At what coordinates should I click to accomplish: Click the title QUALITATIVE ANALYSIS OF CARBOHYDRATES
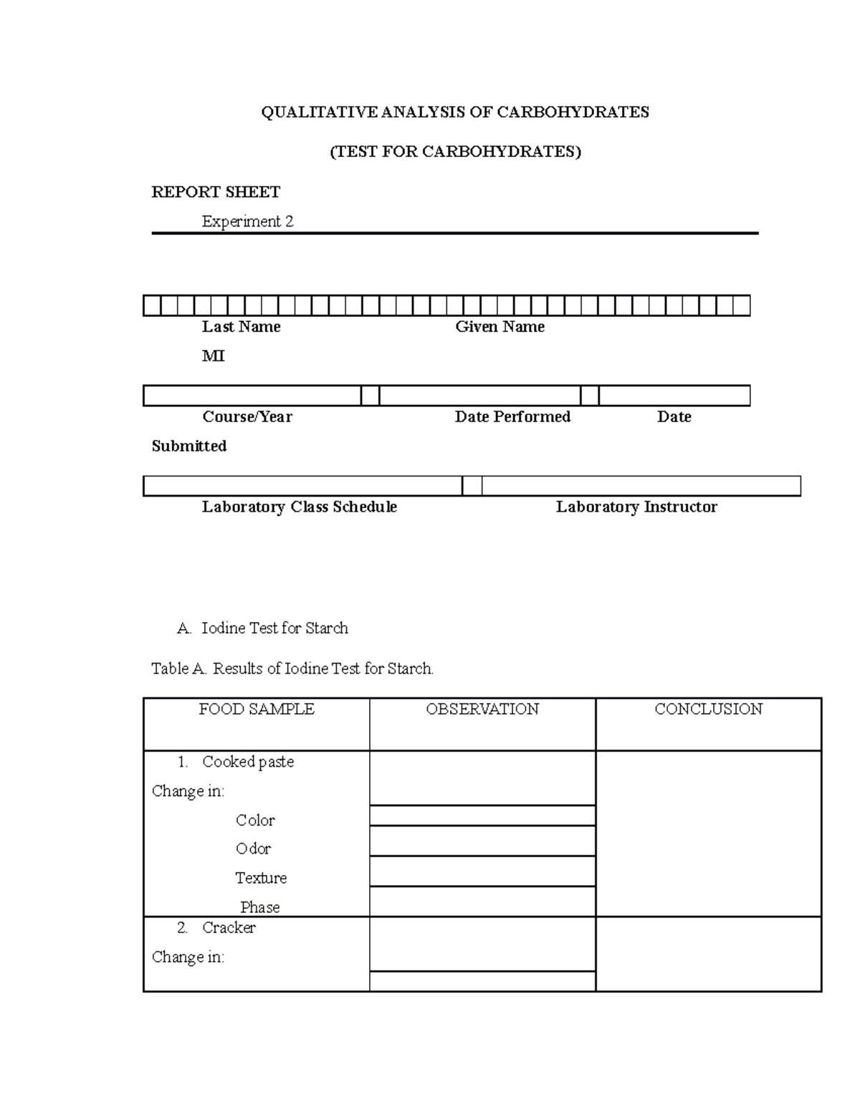point(454,113)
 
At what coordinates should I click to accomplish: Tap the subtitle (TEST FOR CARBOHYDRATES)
point(454,152)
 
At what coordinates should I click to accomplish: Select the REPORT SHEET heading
point(216,192)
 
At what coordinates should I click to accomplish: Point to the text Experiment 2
point(247,221)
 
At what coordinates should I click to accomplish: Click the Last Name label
point(241,327)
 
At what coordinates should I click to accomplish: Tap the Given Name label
point(500,327)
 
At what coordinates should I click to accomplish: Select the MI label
point(213,356)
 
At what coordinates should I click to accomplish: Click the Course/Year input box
point(252,396)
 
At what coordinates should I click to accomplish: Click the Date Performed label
point(512,417)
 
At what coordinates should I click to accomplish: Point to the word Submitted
point(189,446)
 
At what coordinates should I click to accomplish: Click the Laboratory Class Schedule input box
point(302,486)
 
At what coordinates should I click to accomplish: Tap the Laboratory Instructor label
point(636,507)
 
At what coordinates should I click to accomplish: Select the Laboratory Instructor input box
point(641,486)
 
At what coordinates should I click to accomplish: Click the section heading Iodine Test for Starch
point(274,629)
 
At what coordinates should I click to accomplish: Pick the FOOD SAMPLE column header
point(257,710)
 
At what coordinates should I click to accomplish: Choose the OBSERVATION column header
point(482,710)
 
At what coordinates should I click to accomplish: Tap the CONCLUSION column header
point(708,710)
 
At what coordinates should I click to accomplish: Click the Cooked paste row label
point(248,762)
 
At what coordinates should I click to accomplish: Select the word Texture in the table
point(261,878)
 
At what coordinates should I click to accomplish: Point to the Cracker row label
point(229,928)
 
